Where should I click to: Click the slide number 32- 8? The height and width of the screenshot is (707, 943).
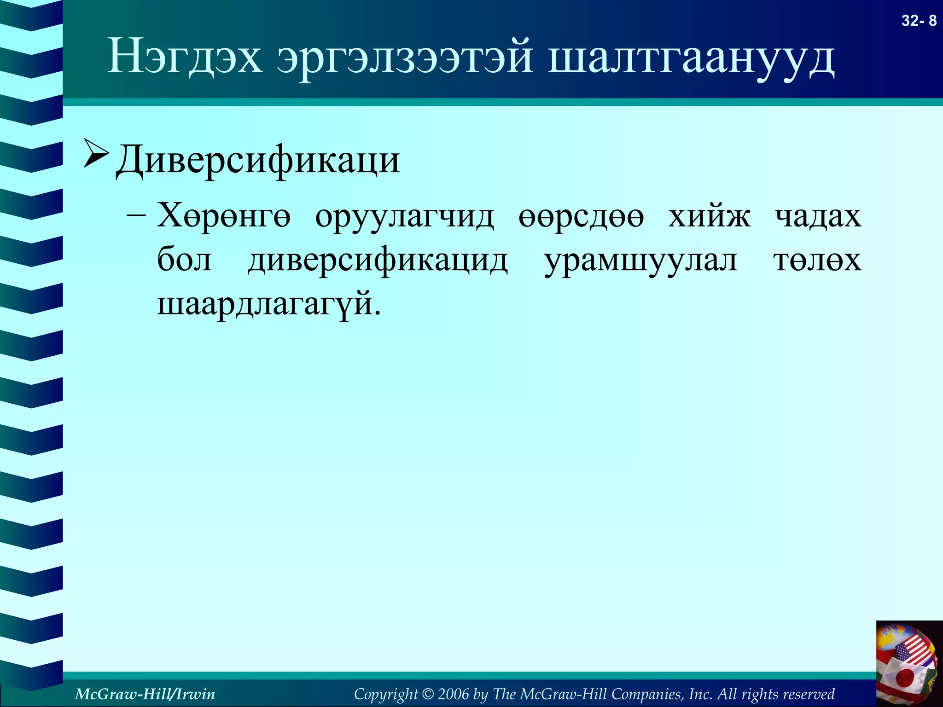coord(919,21)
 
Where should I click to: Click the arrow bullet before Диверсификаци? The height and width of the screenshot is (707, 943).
coord(96,153)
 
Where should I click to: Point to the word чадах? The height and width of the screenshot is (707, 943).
coord(818,215)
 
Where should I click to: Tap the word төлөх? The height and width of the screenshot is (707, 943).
coord(817,261)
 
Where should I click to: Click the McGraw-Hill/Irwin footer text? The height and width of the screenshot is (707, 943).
coord(145,694)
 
